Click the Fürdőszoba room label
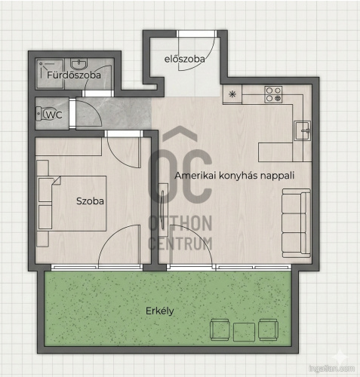(x=74, y=75)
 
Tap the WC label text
(x=54, y=115)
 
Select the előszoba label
(x=184, y=59)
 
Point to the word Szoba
(x=90, y=201)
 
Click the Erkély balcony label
(x=160, y=311)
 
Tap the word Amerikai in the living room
(x=195, y=175)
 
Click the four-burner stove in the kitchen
(x=273, y=94)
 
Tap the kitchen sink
(x=302, y=130)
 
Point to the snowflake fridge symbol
(x=232, y=94)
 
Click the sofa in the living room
(x=296, y=223)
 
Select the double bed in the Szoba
(x=72, y=204)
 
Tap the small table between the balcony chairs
(x=244, y=332)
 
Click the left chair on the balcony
(x=220, y=329)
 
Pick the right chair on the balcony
(x=269, y=329)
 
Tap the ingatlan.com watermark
(x=331, y=369)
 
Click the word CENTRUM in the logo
(x=180, y=244)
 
